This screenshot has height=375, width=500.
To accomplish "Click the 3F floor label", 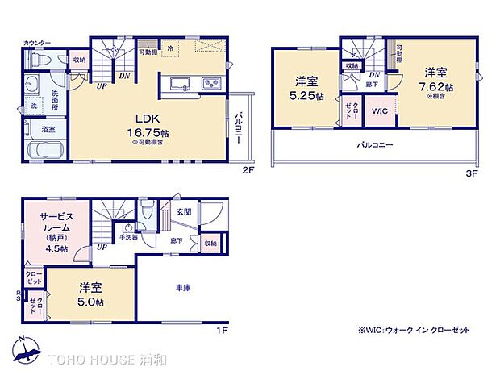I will (471, 172).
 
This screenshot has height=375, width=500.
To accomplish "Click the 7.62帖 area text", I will (438, 86).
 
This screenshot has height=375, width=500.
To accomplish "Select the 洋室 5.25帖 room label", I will (305, 88).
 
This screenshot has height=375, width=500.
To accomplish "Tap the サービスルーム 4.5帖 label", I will (57, 231).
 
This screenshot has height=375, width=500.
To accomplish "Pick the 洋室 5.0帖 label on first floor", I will (90, 294).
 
